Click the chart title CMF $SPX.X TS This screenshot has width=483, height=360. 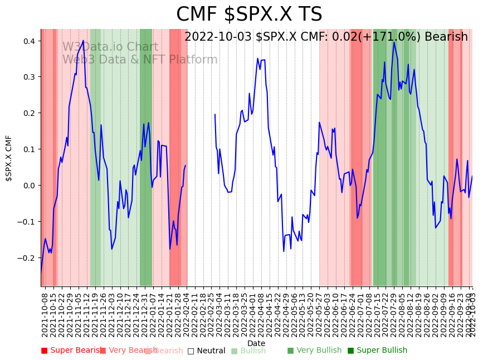click(249, 14)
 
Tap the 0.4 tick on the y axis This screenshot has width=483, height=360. click(29, 41)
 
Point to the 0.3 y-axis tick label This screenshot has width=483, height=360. click(29, 77)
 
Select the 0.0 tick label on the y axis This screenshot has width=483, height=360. click(29, 185)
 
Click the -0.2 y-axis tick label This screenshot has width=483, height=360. click(27, 257)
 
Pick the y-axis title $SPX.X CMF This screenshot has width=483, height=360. click(9, 158)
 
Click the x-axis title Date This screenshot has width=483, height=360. click(256, 343)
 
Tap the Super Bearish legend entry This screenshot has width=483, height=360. click(71, 351)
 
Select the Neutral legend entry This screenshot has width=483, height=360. click(206, 351)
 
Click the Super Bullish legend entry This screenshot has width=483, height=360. click(377, 351)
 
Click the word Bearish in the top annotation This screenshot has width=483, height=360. click(446, 37)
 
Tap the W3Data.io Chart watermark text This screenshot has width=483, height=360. click(110, 47)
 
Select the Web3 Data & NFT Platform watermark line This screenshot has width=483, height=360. click(140, 60)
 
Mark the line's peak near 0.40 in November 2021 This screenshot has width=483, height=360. click(83, 41)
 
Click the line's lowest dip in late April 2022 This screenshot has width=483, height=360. click(284, 251)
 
